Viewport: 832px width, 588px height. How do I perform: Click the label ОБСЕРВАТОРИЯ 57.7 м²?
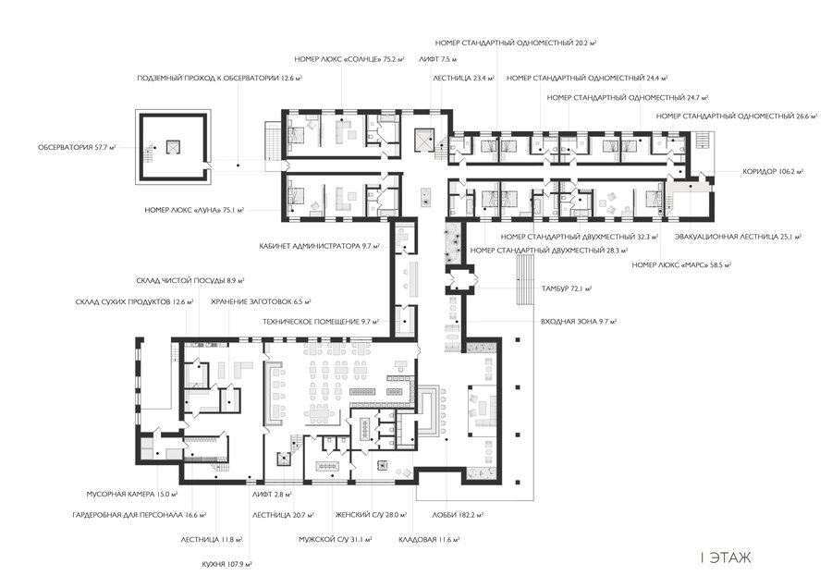tap(77, 147)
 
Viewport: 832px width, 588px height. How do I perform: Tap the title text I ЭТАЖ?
tap(726, 558)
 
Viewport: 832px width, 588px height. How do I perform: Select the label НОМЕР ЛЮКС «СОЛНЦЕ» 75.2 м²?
tap(349, 59)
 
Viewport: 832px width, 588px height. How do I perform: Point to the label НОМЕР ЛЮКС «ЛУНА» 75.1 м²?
tap(194, 210)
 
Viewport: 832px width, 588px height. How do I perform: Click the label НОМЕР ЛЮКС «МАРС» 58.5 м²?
tap(680, 264)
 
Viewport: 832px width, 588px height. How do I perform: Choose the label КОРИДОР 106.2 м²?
tap(773, 171)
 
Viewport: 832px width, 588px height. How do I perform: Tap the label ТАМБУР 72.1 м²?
tap(566, 288)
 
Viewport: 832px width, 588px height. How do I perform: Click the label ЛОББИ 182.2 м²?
tap(458, 515)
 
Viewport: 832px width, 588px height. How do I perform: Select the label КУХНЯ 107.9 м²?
tap(226, 564)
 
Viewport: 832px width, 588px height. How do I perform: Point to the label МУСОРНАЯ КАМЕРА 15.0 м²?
tap(131, 494)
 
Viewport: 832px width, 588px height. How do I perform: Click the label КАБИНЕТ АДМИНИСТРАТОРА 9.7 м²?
tap(320, 246)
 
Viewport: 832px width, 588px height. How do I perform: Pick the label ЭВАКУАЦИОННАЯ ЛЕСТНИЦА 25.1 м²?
tap(738, 237)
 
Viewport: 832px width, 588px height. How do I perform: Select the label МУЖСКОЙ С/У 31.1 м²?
tap(335, 540)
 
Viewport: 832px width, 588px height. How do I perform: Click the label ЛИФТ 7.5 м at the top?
tap(438, 59)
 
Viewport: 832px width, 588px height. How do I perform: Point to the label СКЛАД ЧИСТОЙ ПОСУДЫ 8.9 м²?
tap(190, 280)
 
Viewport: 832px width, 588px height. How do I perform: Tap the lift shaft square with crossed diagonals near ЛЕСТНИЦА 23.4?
tap(425, 139)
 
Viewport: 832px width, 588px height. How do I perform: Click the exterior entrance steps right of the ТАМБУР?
tap(525, 279)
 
